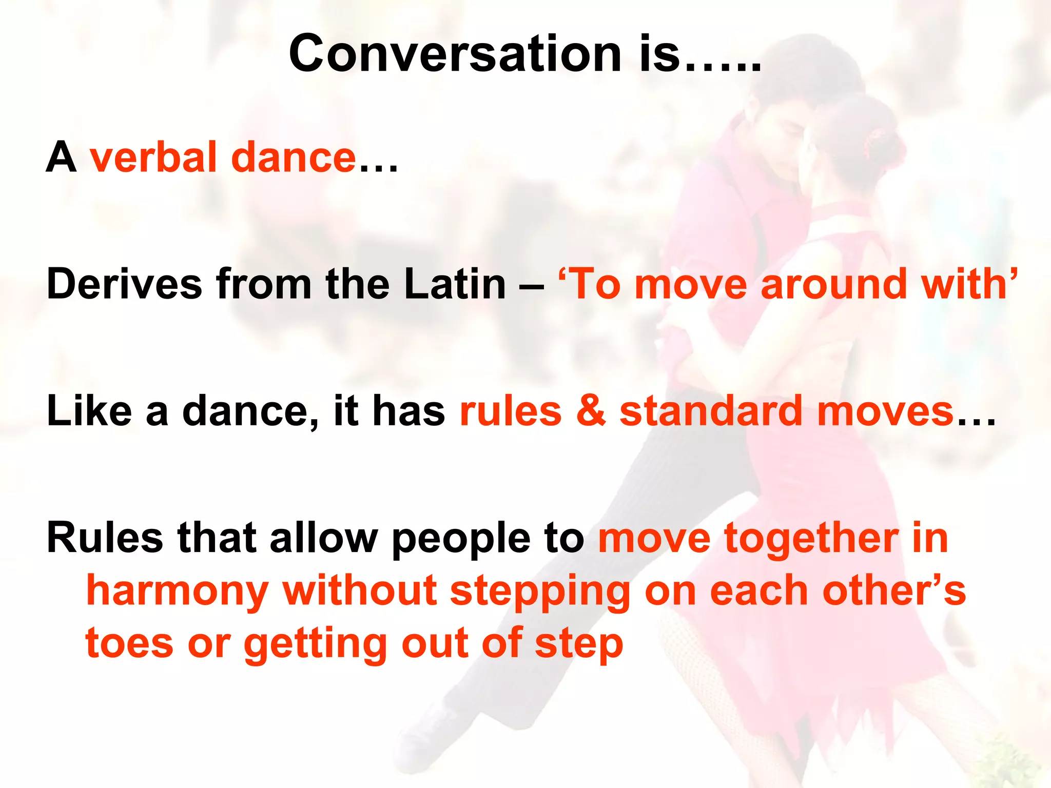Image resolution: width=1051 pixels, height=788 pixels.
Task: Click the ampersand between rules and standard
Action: tap(590, 411)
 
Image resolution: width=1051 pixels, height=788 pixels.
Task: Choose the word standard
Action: tap(711, 411)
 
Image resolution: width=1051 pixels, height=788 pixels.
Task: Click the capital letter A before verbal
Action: tap(61, 157)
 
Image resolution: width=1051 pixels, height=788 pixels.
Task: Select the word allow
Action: tap(323, 539)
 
